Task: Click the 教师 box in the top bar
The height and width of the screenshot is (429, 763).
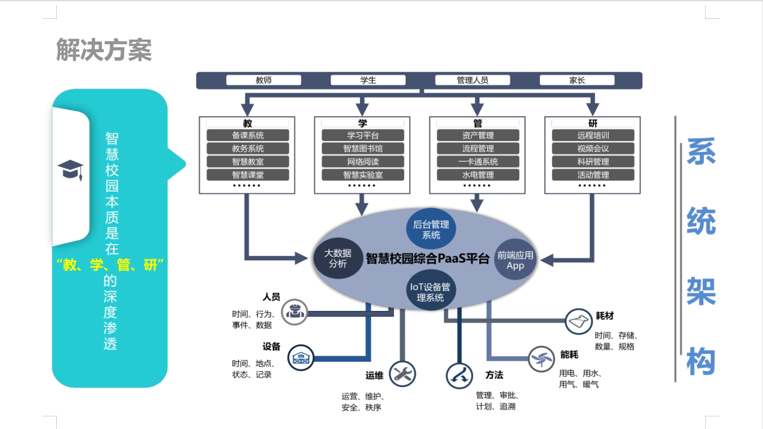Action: (264, 80)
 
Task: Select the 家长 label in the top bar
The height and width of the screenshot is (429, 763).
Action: (577, 80)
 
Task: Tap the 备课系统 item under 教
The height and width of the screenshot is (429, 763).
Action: (248, 135)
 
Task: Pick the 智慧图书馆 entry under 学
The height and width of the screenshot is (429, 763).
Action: (362, 149)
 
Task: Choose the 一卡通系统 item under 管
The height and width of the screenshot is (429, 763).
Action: (478, 162)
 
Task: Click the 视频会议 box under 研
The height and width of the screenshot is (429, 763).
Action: (593, 149)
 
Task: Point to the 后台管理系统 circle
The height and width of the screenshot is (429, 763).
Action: (431, 229)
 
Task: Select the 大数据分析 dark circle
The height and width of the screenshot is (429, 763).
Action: (338, 258)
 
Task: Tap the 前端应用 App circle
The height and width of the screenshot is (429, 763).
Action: (515, 259)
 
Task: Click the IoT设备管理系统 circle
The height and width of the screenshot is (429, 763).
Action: (430, 292)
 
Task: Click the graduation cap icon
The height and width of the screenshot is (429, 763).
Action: (71, 169)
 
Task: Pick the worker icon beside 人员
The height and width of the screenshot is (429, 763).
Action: (295, 311)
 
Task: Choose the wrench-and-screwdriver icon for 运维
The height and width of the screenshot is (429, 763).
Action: (402, 374)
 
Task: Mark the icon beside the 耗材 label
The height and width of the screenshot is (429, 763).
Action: (578, 321)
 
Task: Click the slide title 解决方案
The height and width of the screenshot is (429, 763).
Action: (104, 50)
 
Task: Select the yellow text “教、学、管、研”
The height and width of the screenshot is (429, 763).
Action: (110, 265)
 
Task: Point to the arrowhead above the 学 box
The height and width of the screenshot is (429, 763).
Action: (362, 108)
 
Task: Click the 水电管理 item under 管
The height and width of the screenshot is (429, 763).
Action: (478, 175)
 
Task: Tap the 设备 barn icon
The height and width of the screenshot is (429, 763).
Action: (300, 357)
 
